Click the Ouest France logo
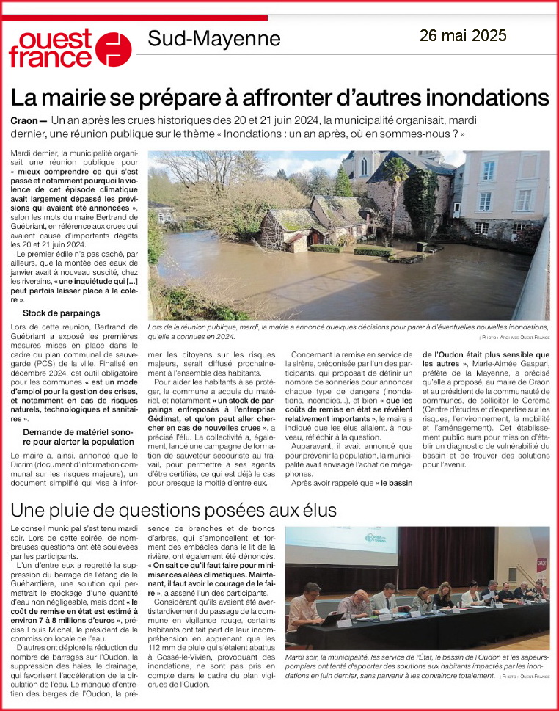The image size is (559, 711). click(70, 48)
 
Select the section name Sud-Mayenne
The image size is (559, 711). click(213, 38)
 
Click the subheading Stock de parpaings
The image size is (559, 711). click(62, 313)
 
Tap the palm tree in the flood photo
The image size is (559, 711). click(398, 176)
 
